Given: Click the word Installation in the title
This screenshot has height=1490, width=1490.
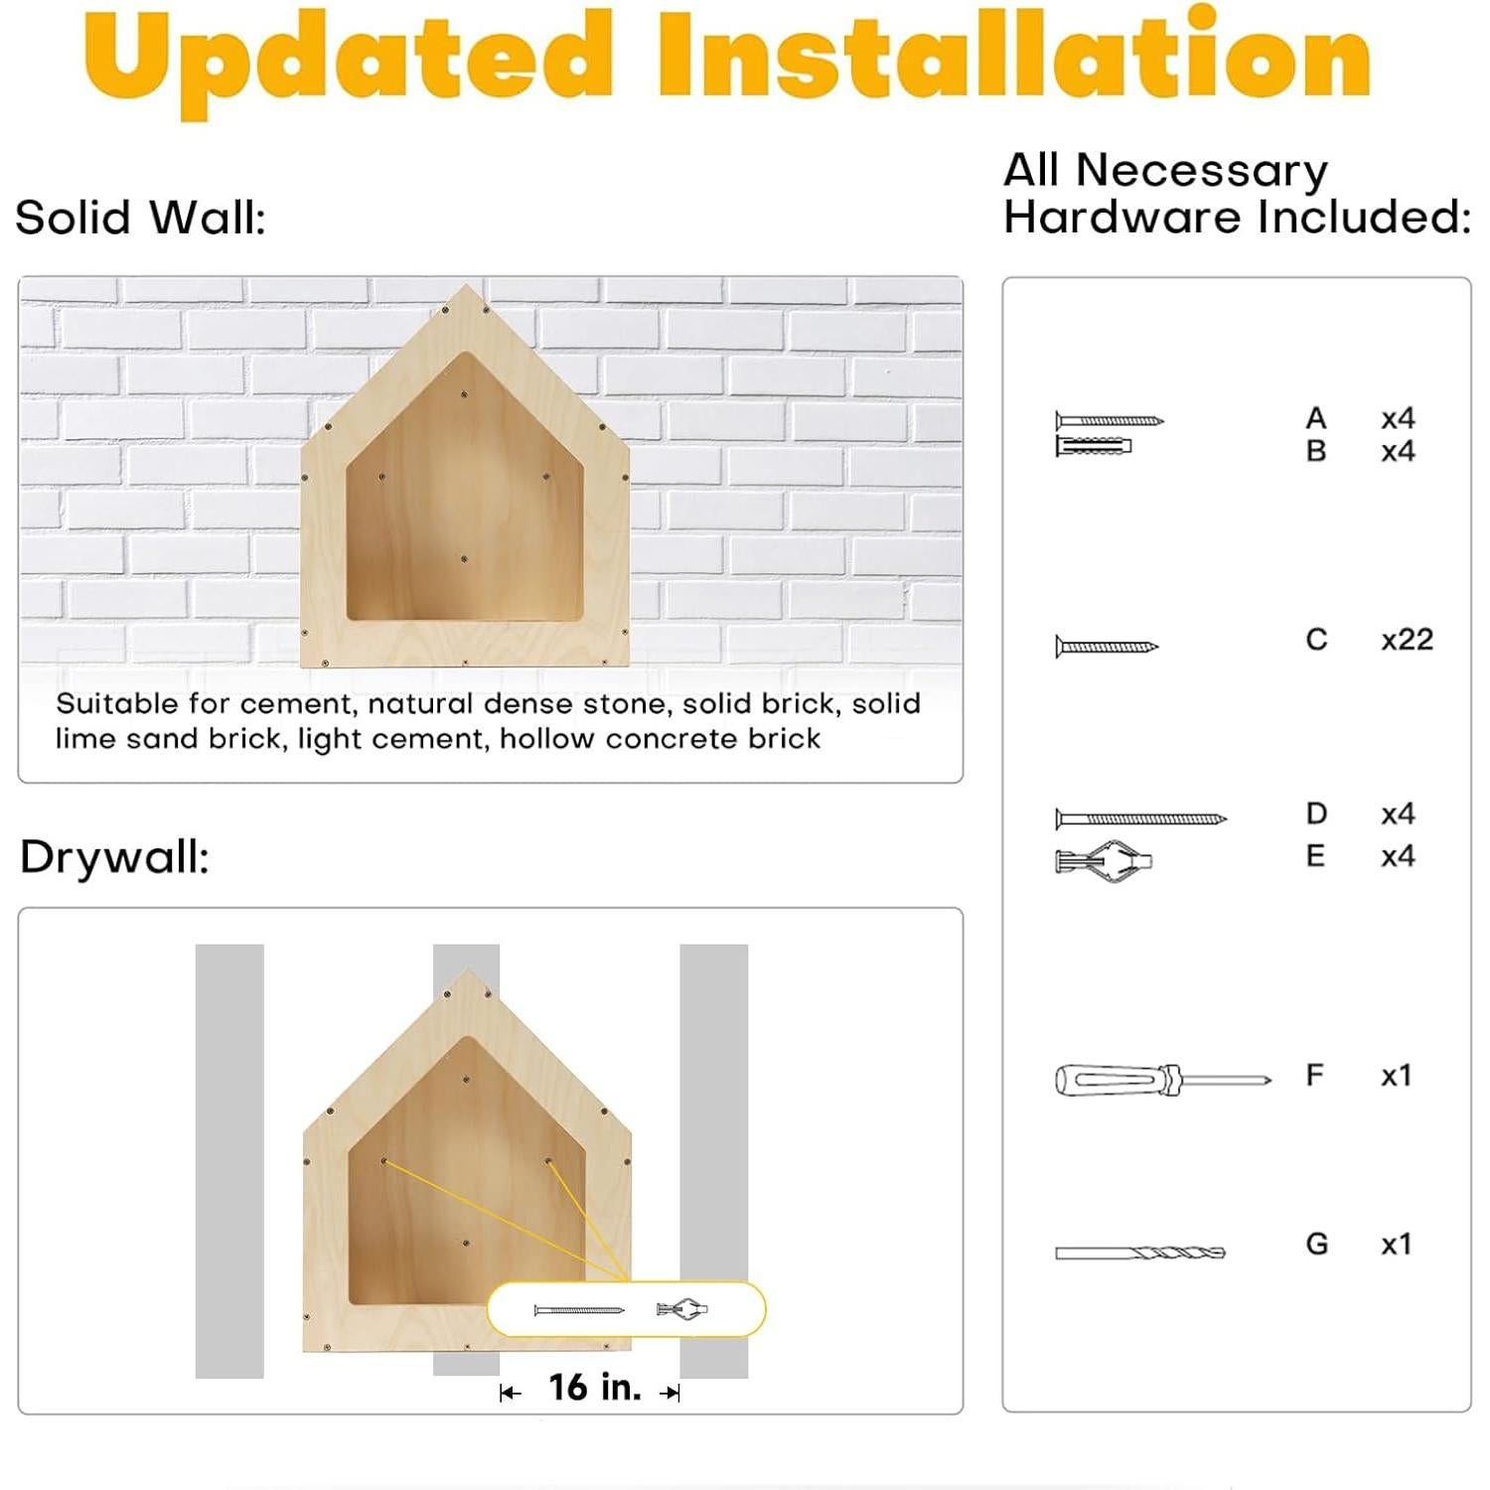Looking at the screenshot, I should click(x=1013, y=55).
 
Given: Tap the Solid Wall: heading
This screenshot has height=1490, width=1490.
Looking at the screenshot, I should click(x=141, y=218).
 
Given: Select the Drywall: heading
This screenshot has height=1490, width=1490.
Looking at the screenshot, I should click(x=115, y=857).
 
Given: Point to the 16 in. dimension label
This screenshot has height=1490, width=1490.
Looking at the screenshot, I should click(x=594, y=1388).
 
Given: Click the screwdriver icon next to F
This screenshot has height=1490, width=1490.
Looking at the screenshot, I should click(x=1162, y=1079).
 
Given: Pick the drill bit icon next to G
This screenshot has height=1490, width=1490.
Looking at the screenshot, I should click(x=1140, y=1253).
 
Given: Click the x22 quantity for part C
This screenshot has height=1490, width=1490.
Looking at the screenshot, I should click(x=1407, y=640).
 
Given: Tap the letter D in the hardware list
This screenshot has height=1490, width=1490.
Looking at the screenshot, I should click(x=1316, y=815).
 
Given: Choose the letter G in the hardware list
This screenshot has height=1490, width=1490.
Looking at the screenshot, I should click(x=1316, y=1244).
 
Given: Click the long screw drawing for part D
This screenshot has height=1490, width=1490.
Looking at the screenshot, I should click(x=1140, y=819).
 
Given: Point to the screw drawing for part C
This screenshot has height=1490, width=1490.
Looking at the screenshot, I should click(x=1107, y=647).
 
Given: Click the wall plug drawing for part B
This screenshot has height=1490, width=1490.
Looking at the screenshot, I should click(x=1094, y=446).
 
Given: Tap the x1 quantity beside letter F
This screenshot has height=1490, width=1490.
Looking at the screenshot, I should click(x=1396, y=1076).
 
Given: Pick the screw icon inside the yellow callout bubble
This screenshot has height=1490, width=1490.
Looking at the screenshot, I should click(x=579, y=1310).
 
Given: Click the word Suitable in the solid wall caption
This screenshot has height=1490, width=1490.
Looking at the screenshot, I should click(x=117, y=704).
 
